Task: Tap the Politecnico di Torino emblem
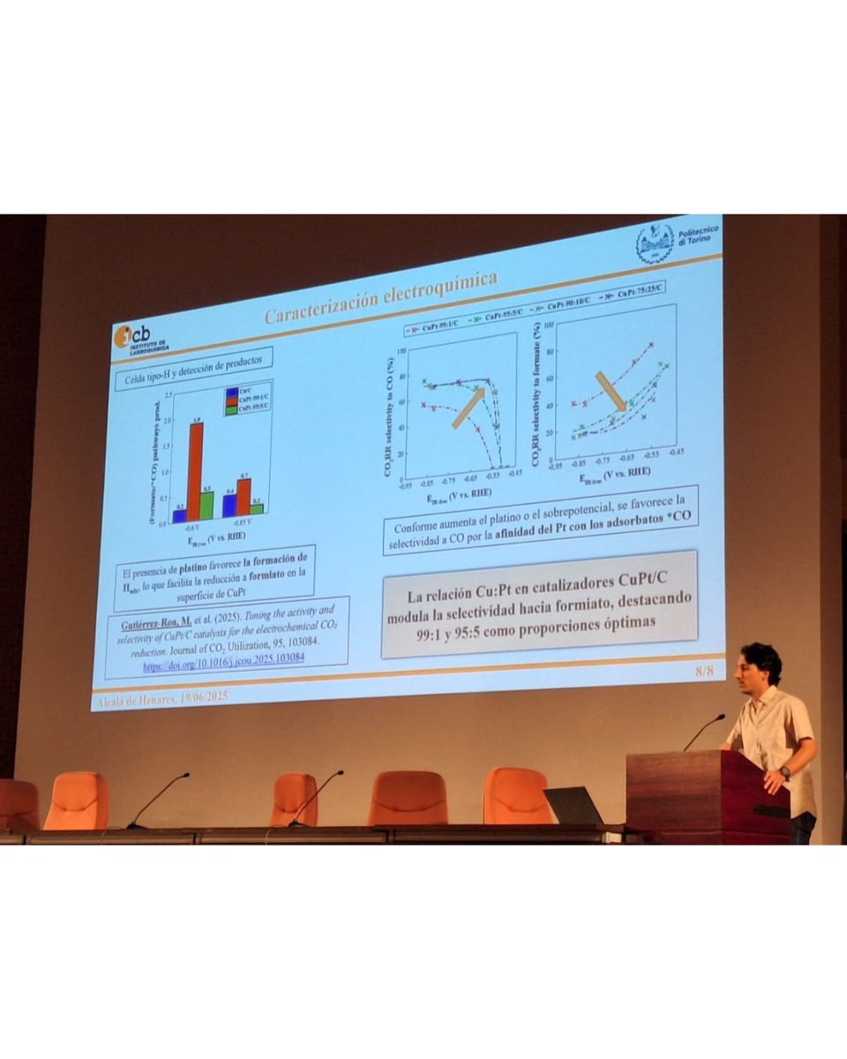[x=655, y=244]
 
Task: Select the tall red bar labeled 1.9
[x=195, y=471]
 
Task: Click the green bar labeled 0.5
[x=207, y=505]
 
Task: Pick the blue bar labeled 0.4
[x=229, y=505]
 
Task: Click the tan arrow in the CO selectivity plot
[x=468, y=408]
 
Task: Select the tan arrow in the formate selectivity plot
[x=611, y=391]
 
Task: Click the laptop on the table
[x=573, y=806]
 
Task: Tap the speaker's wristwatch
[x=784, y=772]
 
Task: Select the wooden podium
[x=706, y=794]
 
